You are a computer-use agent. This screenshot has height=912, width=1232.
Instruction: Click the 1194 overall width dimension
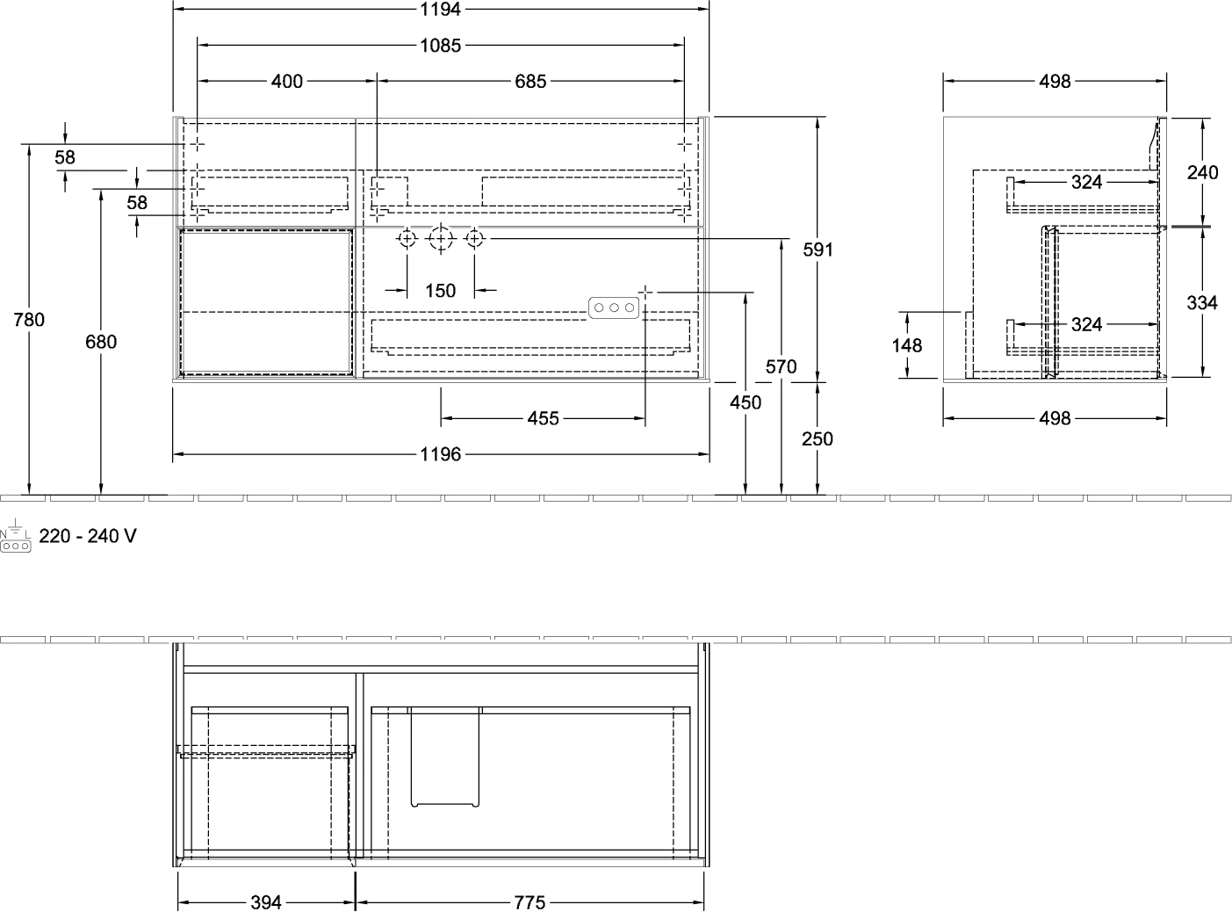441,10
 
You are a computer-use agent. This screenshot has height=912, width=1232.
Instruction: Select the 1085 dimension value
441,46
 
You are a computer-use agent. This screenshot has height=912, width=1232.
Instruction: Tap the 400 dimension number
286,82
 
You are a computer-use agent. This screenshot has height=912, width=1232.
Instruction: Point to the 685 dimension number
530,82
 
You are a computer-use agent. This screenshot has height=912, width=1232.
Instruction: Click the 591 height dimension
818,250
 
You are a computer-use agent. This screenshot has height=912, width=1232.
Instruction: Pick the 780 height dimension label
29,320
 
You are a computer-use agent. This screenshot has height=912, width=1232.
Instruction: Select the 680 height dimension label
101,342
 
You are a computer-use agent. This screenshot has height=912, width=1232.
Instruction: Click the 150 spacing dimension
441,291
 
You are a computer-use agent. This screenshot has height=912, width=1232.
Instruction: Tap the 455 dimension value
543,418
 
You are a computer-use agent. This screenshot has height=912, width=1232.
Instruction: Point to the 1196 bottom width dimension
441,454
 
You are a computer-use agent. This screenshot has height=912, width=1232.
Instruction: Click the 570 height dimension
781,366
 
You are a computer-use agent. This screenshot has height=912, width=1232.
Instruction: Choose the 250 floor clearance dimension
817,439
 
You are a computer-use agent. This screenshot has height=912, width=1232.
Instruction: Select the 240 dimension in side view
1202,173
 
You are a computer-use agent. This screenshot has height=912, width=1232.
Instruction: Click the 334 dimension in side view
1202,303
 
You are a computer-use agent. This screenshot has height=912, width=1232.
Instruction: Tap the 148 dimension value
906,345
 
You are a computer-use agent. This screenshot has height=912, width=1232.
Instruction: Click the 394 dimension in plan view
266,902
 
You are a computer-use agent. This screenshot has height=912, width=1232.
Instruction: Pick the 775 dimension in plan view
530,902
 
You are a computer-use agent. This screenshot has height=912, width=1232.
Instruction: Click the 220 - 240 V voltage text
88,536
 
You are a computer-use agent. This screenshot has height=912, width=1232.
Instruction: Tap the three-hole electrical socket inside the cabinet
614,308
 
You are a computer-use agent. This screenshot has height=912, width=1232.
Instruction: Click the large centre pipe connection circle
441,239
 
